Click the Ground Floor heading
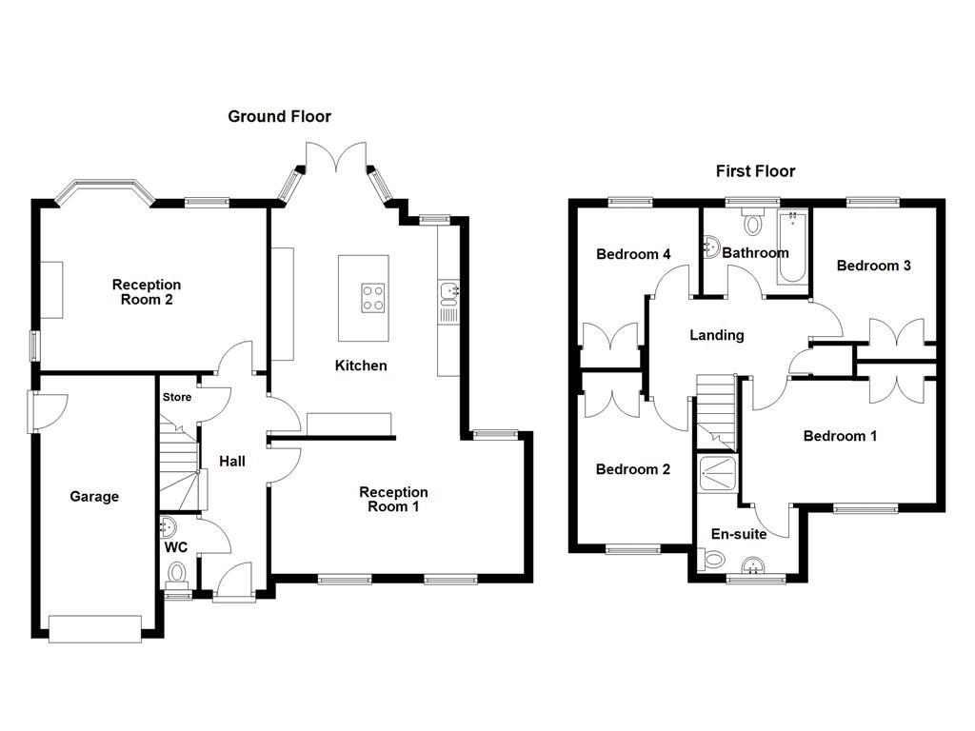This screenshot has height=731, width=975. coord(279,117)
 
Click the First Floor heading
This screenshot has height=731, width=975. coord(755,171)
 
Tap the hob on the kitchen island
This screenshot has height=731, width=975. coord(373,299)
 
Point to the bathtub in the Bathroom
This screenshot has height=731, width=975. coord(791,249)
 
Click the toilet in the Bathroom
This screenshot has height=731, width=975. coord(753,223)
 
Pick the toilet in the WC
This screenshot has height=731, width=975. coord(177,574)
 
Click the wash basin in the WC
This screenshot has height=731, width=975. coord(169,526)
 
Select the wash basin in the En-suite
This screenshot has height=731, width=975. coord(755,564)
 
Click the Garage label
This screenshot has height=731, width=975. coord(94,497)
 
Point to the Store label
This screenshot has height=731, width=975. coord(176,398)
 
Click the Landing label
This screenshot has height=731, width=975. coord(717,335)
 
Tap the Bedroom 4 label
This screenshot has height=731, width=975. coord(633,254)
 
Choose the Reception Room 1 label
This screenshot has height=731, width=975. coord(393,500)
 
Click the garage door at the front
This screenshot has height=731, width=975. coord(95,627)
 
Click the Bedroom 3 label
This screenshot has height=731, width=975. coord(873,266)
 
